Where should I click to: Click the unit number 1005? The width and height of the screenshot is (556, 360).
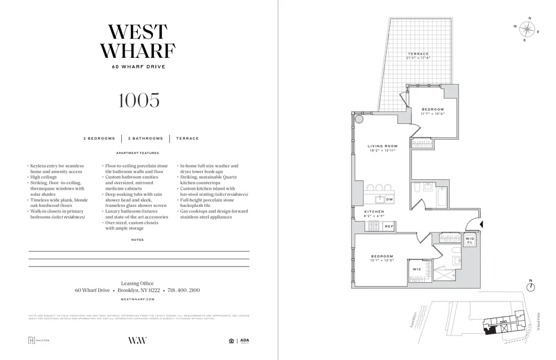pyautogui.click(x=138, y=100)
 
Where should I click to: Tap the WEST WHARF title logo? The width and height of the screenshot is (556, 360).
pyautogui.click(x=138, y=41)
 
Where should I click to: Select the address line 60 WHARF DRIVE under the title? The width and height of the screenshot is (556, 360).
pyautogui.click(x=138, y=67)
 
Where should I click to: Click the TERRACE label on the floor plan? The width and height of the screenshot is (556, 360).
pyautogui.click(x=418, y=54)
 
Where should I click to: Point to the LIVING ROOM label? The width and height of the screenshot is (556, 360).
pyautogui.click(x=383, y=146)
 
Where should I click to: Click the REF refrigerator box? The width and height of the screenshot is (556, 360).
pyautogui.click(x=389, y=226)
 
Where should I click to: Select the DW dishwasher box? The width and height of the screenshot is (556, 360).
pyautogui.click(x=390, y=199)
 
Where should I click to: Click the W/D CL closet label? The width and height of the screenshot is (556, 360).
pyautogui.click(x=470, y=240)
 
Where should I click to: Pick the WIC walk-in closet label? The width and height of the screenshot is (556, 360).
pyautogui.click(x=417, y=269)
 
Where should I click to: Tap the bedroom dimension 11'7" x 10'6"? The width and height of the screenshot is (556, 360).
pyautogui.click(x=433, y=114)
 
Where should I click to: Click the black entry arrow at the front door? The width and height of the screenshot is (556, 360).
pyautogui.click(x=481, y=224)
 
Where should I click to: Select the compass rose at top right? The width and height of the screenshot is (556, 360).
pyautogui.click(x=527, y=29)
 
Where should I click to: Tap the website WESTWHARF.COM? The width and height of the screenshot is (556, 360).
pyautogui.click(x=137, y=299)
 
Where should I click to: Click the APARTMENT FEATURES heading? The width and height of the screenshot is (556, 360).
pyautogui.click(x=137, y=153)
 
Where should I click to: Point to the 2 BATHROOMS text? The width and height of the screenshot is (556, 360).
pyautogui.click(x=146, y=139)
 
